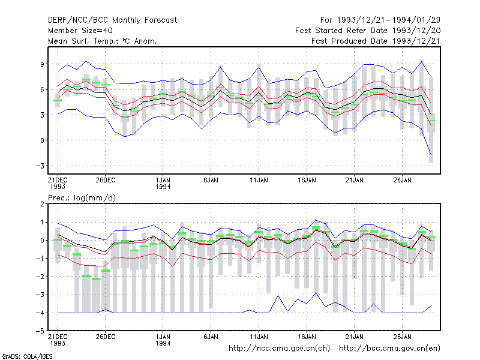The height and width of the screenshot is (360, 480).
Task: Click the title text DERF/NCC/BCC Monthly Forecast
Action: (112, 20)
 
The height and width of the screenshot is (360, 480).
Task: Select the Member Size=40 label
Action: (80, 31)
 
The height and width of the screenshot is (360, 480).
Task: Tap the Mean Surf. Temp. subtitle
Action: (103, 41)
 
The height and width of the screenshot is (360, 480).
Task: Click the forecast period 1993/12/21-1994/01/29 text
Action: (380, 20)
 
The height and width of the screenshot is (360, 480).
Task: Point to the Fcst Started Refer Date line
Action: (368, 31)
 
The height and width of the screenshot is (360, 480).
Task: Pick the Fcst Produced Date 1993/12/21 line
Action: (376, 41)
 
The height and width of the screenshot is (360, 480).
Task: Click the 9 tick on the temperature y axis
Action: (42, 64)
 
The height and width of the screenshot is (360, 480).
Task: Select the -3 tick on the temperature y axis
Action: (40, 166)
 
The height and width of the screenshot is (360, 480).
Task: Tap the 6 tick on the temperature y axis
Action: (42, 89)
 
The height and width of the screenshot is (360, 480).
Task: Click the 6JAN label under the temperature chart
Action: (211, 180)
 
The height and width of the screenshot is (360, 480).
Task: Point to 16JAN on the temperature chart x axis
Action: (307, 180)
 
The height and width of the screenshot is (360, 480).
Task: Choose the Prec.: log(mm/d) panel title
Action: (82, 198)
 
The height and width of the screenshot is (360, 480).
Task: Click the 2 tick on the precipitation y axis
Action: (42, 204)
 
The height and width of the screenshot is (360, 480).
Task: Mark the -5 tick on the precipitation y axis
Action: (40, 331)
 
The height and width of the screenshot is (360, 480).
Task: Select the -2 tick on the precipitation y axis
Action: (40, 277)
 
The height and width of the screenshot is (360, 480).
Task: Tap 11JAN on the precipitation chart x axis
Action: (259, 337)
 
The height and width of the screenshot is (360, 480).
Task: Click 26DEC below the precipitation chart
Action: (106, 337)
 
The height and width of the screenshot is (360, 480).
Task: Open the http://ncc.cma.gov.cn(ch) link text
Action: (279, 349)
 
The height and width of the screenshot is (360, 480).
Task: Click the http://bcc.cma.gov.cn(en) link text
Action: (389, 349)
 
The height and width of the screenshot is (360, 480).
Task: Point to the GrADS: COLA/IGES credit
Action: (28, 356)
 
